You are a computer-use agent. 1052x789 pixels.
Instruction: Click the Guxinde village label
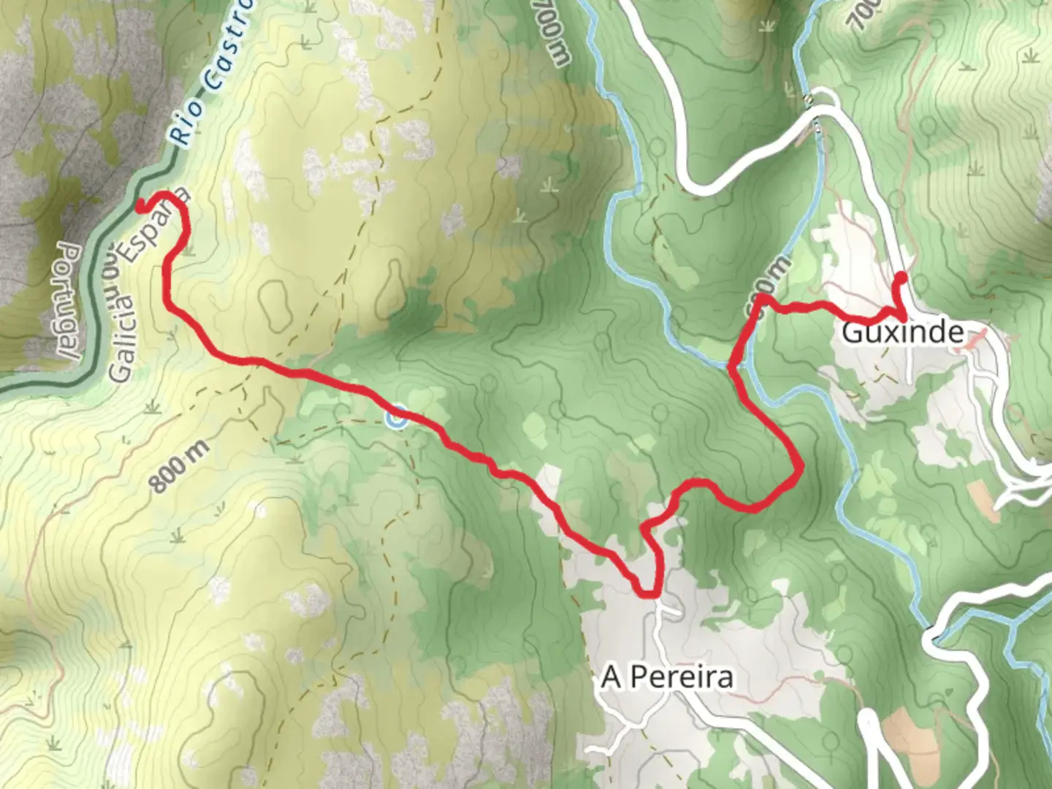[x=902, y=332]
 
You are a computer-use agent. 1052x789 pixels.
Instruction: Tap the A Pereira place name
[x=667, y=677]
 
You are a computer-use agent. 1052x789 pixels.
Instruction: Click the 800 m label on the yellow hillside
[x=180, y=466]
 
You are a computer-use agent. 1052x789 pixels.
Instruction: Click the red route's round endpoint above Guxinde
[x=901, y=277]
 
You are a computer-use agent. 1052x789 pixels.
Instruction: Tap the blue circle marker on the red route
[x=397, y=419]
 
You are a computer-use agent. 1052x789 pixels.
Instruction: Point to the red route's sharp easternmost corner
[x=801, y=465]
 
